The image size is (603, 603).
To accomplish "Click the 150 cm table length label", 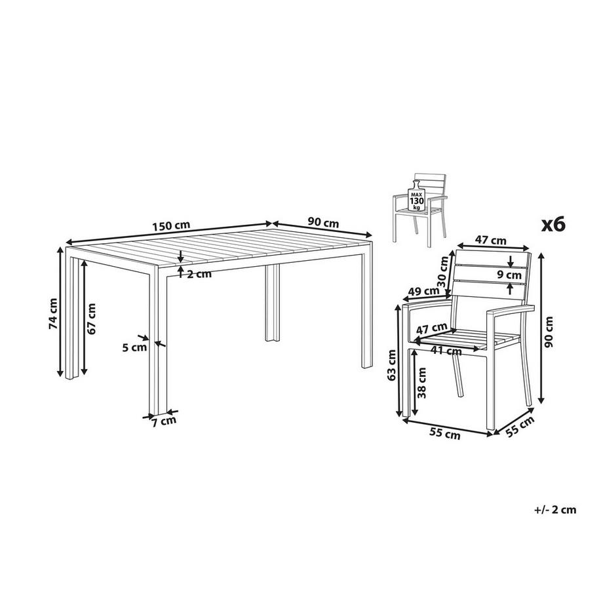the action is [x=171, y=226].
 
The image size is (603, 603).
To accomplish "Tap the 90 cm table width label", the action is [x=323, y=222].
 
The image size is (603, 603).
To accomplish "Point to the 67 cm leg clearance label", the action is [x=91, y=319].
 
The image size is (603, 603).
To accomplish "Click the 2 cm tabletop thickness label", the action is [x=199, y=274].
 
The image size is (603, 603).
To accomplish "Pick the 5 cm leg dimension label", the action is [x=134, y=347].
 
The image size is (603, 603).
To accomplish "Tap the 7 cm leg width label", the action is [x=163, y=421].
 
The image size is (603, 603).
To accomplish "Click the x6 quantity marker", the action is [x=553, y=224].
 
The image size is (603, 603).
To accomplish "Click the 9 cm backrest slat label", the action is [x=509, y=275].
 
